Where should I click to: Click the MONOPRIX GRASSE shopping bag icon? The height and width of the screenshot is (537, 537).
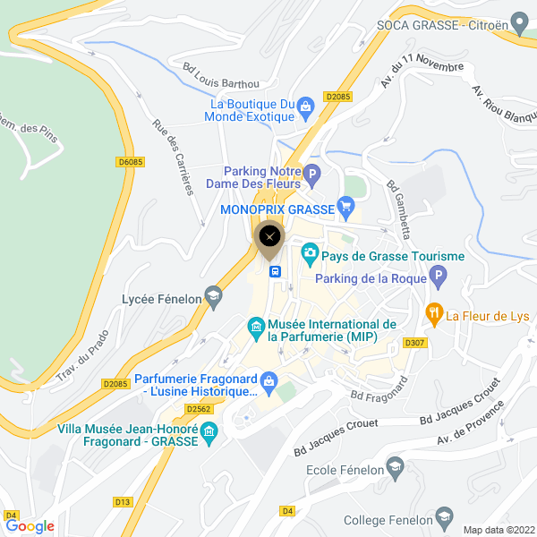pos(346,209)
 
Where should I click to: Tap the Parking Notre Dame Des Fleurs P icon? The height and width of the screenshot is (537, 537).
pos(312,175)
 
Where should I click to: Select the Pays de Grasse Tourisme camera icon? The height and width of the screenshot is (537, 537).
pos(310,254)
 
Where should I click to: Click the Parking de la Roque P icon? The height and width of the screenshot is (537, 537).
pos(438,278)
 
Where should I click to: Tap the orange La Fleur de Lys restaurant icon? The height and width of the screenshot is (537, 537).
pos(434,312)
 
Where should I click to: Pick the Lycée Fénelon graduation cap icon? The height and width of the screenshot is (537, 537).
pos(213,297)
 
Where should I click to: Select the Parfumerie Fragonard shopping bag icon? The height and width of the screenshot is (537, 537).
pos(268,383)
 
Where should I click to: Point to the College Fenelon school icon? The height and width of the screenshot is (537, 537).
pos(444,518)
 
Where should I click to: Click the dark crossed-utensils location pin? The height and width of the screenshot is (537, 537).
pos(269,238)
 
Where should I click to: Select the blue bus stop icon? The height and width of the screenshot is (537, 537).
pos(276,271)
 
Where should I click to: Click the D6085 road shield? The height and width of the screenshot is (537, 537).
pos(131,162)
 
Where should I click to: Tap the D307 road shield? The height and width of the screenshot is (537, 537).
pos(413,343)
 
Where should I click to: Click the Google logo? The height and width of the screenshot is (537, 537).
pos(30,526)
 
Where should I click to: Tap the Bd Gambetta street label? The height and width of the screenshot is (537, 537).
pos(398,209)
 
